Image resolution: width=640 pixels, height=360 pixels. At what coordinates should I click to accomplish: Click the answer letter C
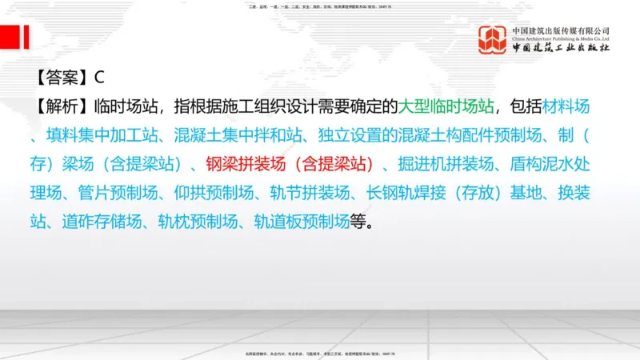[100, 78]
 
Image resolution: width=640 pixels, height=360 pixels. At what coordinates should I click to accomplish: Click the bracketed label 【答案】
[61, 78]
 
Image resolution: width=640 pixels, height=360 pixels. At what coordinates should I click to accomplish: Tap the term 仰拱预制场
[213, 193]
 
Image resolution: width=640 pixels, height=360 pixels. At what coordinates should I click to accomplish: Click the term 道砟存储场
[99, 222]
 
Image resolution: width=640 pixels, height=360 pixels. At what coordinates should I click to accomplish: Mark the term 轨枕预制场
[196, 222]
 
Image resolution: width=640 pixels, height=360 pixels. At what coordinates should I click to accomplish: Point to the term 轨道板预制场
[302, 222]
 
